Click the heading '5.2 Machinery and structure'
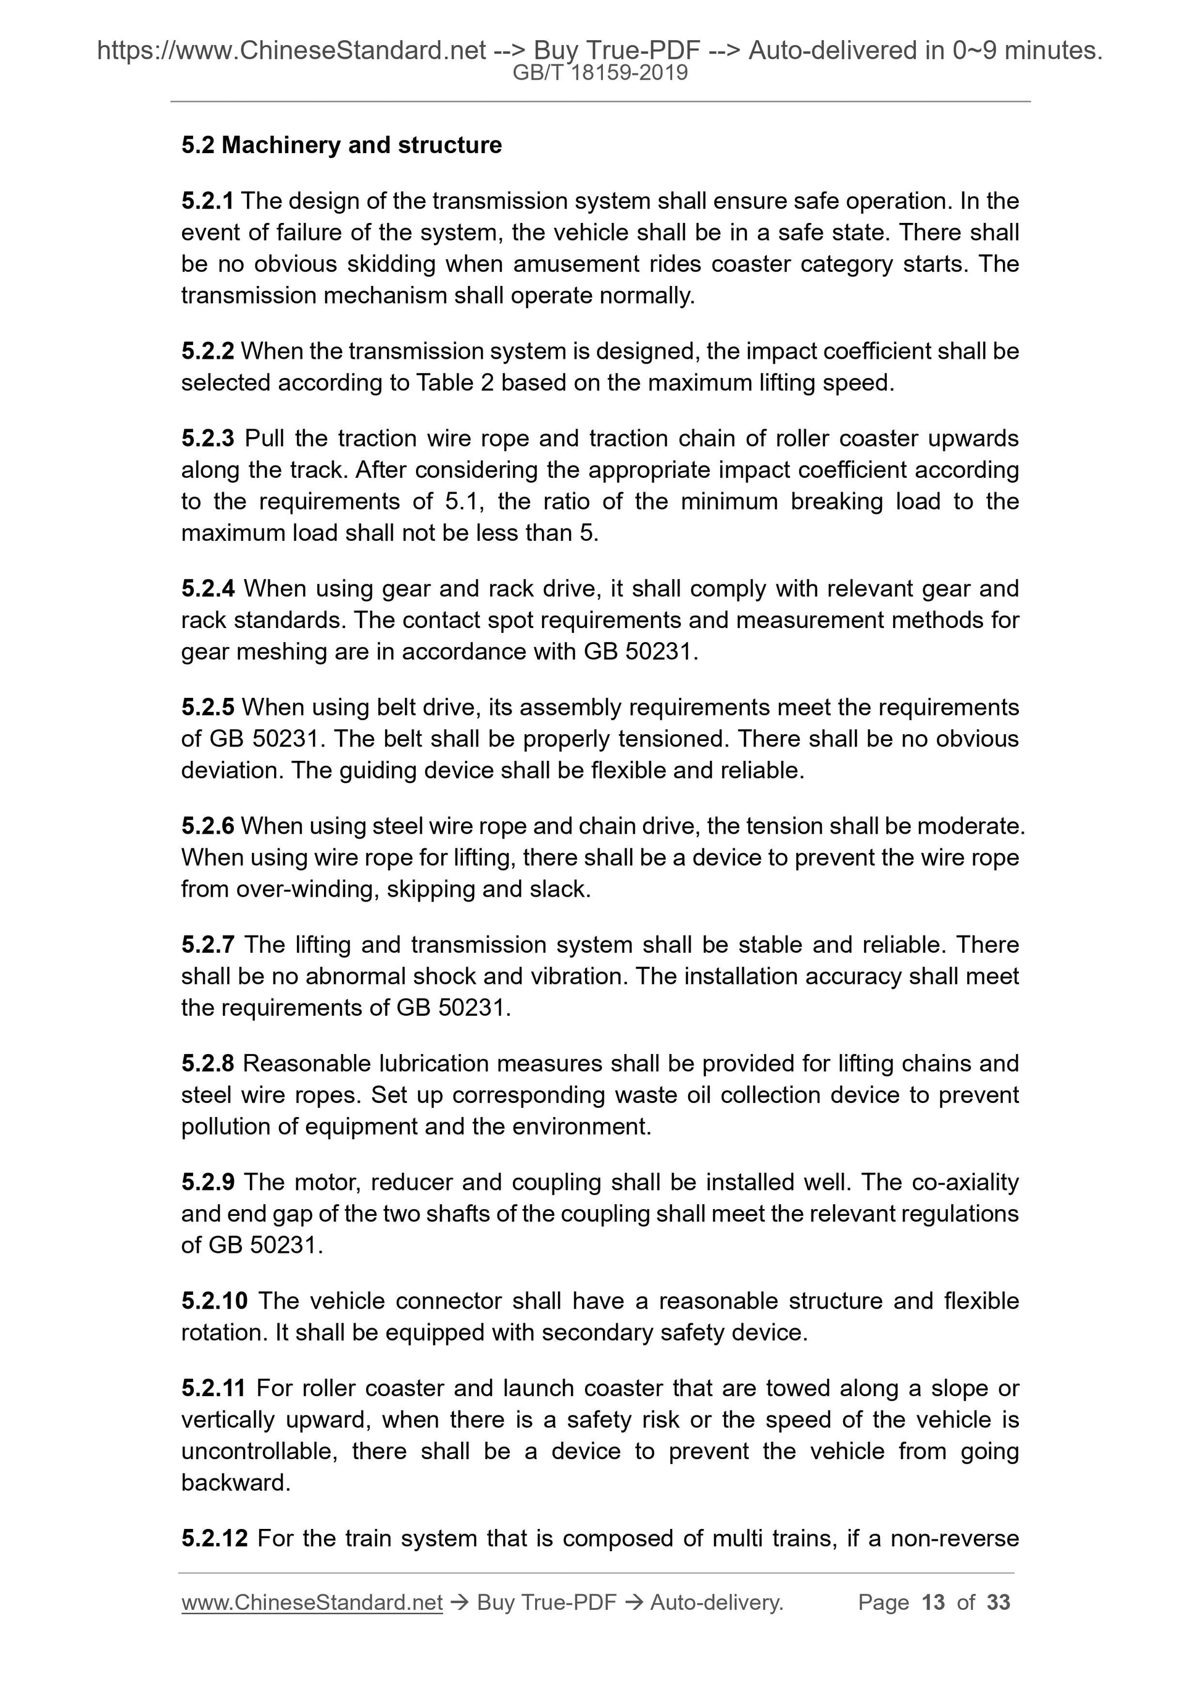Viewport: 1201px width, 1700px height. [341, 145]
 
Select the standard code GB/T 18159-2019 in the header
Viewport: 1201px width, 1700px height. [600, 73]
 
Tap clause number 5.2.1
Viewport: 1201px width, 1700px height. [207, 201]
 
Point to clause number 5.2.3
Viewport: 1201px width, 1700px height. [207, 438]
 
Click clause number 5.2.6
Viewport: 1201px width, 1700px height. [207, 826]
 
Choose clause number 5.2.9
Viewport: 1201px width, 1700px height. [207, 1182]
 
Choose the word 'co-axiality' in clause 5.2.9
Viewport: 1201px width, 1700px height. [965, 1182]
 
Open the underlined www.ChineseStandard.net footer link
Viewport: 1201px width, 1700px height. [312, 1602]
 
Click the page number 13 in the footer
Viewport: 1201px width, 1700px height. [933, 1602]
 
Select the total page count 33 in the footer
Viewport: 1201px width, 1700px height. [998, 1602]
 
